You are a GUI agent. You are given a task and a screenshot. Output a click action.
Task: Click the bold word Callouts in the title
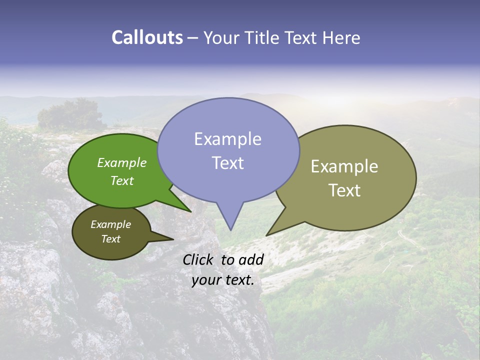tap(147, 37)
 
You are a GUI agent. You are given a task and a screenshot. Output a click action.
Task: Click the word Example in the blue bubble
tap(227, 139)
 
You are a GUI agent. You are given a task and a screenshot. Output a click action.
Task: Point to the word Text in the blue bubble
tap(227, 163)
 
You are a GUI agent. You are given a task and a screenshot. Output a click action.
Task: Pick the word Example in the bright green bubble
tap(122, 162)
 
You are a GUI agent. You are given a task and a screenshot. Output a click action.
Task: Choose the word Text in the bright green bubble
tap(122, 180)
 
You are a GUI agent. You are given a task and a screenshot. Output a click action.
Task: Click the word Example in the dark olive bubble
tap(111, 224)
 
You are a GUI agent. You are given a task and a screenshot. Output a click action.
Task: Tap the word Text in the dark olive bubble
tap(111, 239)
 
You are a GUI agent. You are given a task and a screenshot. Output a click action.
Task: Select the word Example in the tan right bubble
tap(344, 166)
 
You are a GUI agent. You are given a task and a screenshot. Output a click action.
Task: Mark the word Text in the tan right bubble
tap(344, 190)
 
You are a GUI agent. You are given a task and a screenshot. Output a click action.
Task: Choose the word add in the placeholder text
tap(251, 259)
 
